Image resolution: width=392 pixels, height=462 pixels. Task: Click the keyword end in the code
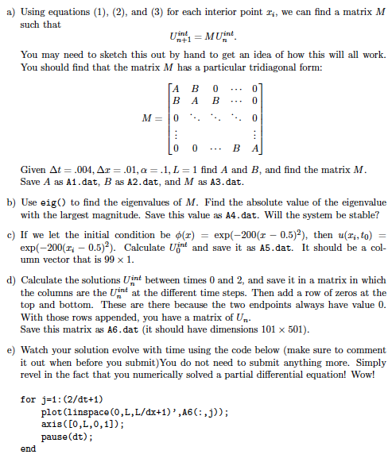(29, 448)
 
